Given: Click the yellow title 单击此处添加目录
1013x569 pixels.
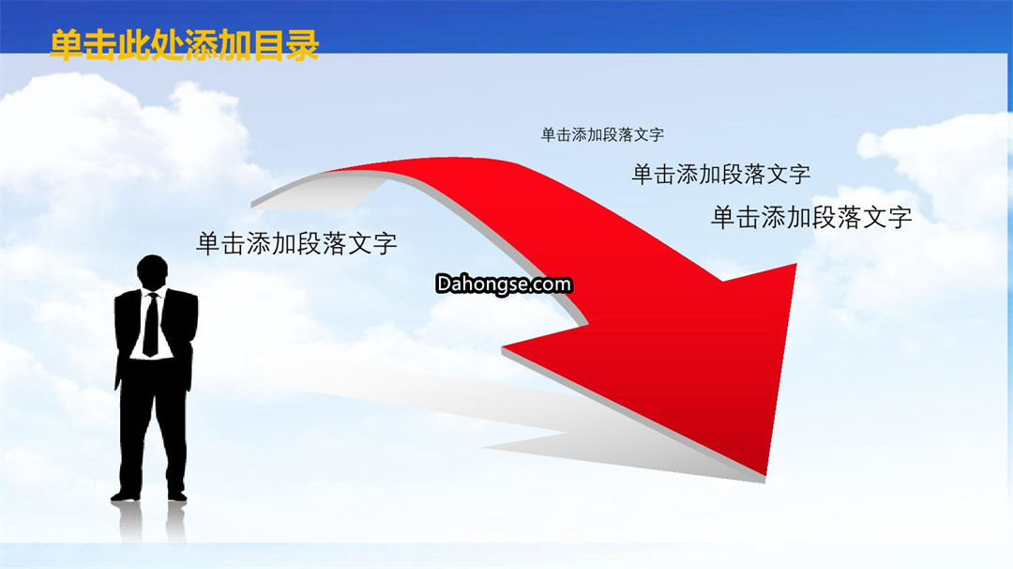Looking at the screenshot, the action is pos(184,45).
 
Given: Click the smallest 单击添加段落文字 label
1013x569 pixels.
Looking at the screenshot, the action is pos(602,134).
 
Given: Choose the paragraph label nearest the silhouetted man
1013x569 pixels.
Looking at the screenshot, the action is pos(296,244).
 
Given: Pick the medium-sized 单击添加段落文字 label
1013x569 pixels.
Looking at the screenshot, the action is pos(721,174).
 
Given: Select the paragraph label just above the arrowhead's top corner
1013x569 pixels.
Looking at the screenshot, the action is pos(811,217).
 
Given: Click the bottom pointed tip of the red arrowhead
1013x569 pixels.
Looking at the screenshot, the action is pos(765,475).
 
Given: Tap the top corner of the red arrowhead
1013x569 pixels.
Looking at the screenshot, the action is pos(796,264).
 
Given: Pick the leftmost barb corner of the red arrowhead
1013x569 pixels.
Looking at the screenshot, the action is pos(503,348).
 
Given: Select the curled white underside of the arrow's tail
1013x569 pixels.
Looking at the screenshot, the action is pos(317,192).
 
